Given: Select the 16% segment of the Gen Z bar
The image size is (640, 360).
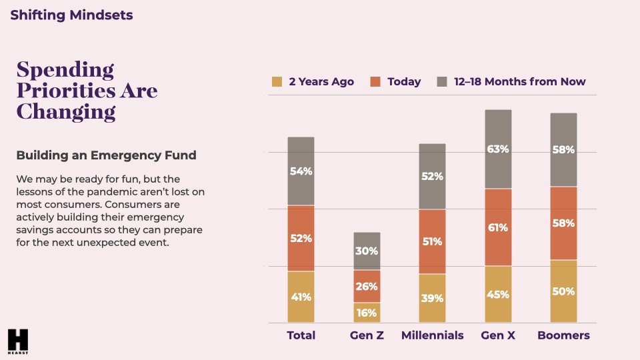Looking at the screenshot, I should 367,313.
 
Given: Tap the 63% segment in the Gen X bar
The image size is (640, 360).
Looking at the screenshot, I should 498,149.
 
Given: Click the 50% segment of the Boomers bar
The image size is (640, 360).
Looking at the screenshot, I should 563,291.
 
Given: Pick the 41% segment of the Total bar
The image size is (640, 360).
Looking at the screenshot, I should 301,297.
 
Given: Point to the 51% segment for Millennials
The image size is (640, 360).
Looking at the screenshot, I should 432,241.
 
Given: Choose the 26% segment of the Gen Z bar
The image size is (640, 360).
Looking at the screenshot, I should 367,287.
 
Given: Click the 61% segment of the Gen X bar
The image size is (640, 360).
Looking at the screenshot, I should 498,227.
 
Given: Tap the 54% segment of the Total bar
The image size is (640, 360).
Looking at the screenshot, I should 301,171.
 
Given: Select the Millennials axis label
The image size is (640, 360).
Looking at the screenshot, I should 432,335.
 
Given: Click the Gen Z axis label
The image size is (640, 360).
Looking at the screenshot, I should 367,335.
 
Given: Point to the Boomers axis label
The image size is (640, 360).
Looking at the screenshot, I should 563,335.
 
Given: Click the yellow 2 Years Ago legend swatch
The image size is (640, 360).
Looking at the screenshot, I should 277,82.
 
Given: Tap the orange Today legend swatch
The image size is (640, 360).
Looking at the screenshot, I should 376,82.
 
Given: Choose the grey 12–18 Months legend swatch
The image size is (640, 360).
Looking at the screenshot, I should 442,82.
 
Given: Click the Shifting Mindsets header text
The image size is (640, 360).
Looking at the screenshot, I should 71,15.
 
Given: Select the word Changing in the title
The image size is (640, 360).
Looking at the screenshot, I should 65,111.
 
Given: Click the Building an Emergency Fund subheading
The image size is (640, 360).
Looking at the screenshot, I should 106,155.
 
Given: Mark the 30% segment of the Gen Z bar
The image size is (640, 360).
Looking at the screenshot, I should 367,251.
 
